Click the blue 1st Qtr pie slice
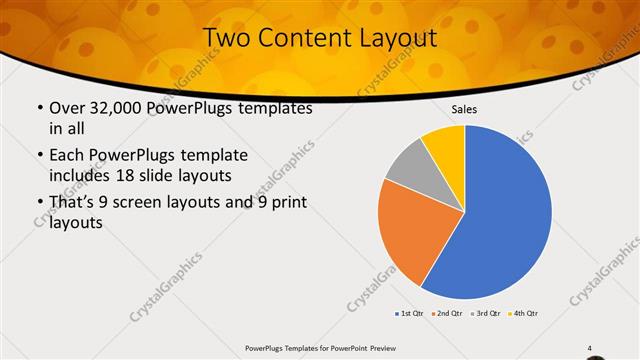505,215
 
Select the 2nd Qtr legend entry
447,313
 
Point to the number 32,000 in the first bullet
123,108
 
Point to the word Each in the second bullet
67,157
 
